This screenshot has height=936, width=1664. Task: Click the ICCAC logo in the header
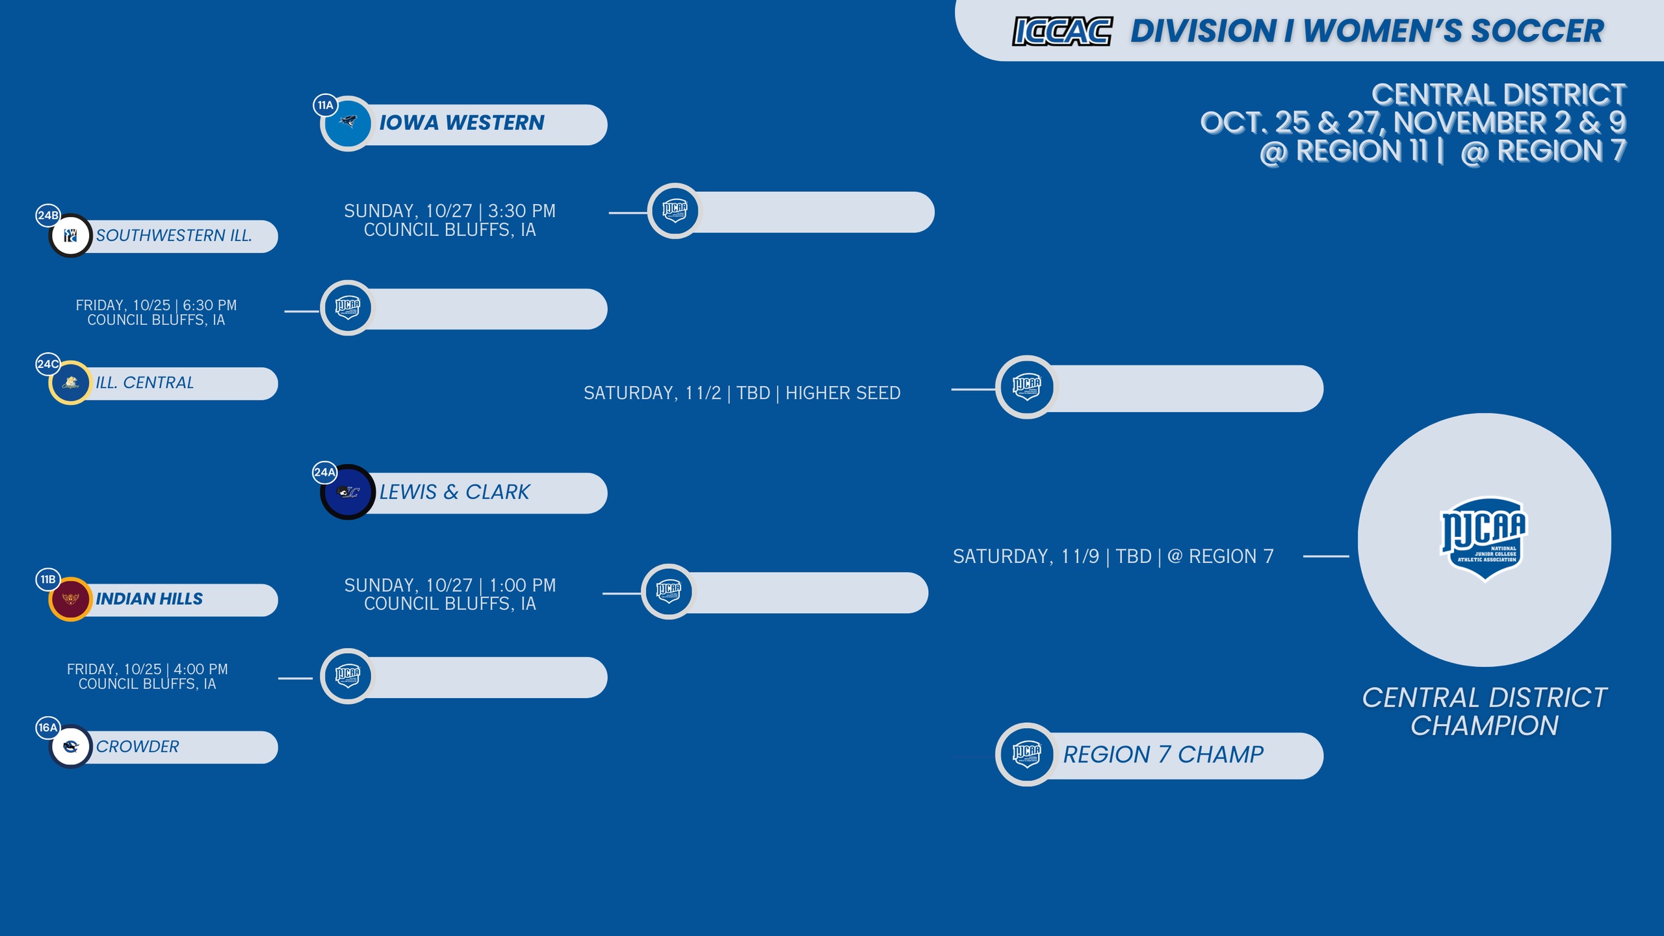(1062, 31)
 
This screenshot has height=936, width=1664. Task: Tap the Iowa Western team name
(461, 123)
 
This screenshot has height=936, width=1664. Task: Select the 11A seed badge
(325, 105)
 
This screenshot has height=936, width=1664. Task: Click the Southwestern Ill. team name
(174, 235)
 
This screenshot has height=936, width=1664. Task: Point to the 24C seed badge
(47, 364)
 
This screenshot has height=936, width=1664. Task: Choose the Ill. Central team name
(145, 383)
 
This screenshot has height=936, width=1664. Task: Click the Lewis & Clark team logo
(348, 492)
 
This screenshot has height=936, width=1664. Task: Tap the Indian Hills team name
(149, 599)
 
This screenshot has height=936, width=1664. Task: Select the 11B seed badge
(47, 579)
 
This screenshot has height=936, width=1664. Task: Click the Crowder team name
(137, 746)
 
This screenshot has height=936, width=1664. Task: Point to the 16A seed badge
(47, 727)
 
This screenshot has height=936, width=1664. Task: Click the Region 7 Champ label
(1163, 755)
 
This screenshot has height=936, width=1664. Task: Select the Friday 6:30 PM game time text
(156, 313)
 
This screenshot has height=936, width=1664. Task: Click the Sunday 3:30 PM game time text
(450, 220)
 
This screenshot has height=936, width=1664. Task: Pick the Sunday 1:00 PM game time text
(450, 595)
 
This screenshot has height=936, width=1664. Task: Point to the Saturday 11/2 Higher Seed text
(742, 393)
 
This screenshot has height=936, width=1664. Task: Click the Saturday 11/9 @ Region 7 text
(1113, 556)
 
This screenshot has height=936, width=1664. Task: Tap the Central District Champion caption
(1485, 712)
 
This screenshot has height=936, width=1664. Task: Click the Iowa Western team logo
(348, 123)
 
